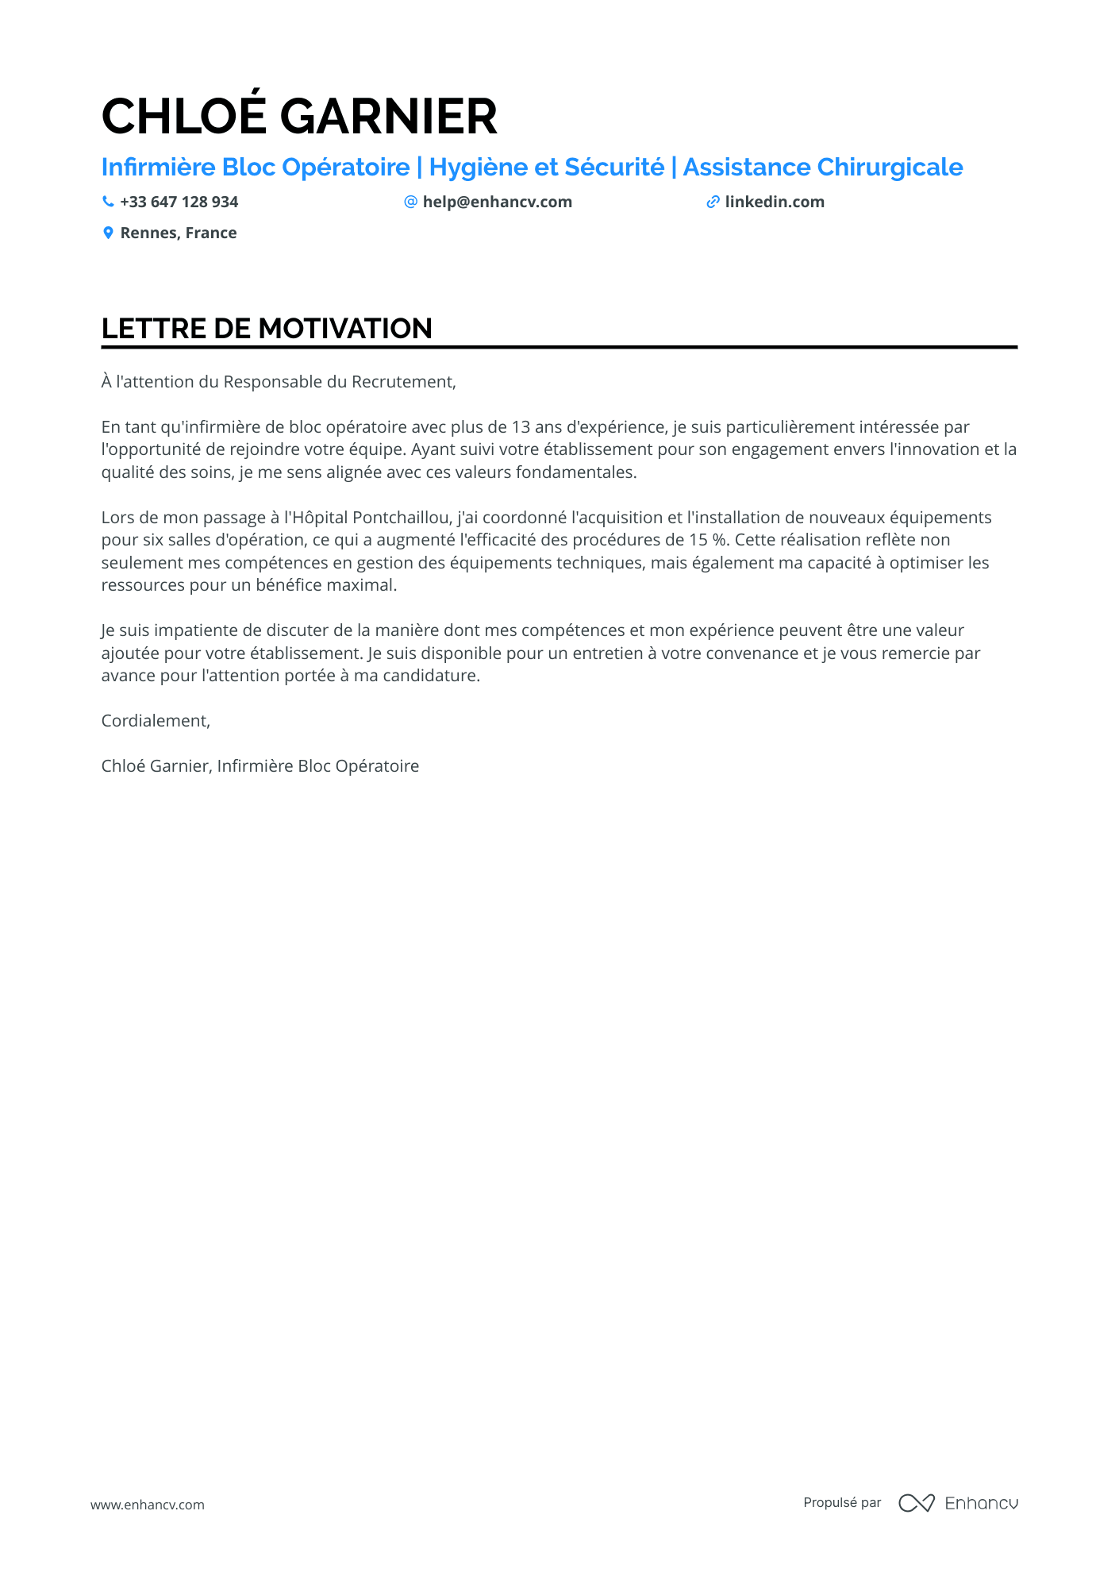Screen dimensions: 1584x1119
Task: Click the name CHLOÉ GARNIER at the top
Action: [x=299, y=116]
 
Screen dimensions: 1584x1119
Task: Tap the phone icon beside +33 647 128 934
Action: [x=108, y=202]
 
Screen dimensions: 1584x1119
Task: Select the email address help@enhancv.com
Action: [x=497, y=202]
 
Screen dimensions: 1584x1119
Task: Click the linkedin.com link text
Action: [x=774, y=202]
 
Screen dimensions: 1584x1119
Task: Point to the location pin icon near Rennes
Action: [x=108, y=233]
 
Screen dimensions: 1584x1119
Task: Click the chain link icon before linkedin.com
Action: [x=713, y=202]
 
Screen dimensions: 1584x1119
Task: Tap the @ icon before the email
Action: [x=410, y=202]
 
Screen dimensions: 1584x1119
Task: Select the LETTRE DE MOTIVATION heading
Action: [x=267, y=328]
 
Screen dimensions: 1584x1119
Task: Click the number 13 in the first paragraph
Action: [x=521, y=427]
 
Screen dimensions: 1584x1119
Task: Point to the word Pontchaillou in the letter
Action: [x=402, y=518]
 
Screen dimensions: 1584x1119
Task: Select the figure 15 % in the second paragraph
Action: [x=708, y=540]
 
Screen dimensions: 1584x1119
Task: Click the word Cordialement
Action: [x=155, y=721]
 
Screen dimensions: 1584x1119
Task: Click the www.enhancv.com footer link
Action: [x=148, y=1505]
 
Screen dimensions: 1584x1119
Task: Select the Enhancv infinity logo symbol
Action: [x=916, y=1503]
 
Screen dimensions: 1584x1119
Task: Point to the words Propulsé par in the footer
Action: [x=842, y=1502]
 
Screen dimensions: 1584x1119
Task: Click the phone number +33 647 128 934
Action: [x=179, y=202]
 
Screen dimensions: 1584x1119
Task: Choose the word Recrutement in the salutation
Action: [x=403, y=382]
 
